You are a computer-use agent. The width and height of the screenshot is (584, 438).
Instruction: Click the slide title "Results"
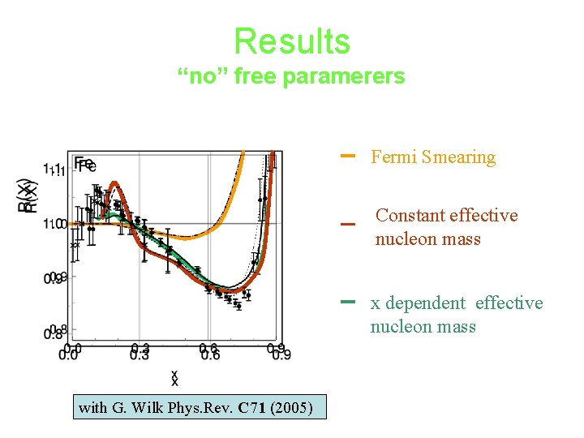pyautogui.click(x=291, y=41)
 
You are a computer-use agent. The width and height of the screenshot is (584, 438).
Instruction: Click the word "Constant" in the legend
pyautogui.click(x=408, y=216)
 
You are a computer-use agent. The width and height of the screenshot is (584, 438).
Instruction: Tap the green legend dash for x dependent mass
pyautogui.click(x=349, y=301)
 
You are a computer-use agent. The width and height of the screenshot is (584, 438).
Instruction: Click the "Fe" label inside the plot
pyautogui.click(x=84, y=165)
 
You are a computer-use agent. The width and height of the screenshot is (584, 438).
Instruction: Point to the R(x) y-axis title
pyautogui.click(x=26, y=195)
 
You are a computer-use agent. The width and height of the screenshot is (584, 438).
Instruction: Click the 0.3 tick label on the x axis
pyautogui.click(x=140, y=351)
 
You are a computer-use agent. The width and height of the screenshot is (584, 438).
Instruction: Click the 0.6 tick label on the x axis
pyautogui.click(x=209, y=351)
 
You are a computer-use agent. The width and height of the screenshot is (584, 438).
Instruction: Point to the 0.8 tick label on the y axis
pyautogui.click(x=55, y=333)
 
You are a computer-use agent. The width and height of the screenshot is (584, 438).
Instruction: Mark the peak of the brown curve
pyautogui.click(x=114, y=187)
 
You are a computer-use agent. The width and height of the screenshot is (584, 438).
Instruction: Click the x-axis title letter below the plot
pyautogui.click(x=174, y=377)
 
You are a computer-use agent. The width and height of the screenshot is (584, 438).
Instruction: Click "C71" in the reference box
pyautogui.click(x=250, y=407)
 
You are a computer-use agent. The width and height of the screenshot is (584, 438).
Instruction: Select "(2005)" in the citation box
pyautogui.click(x=292, y=407)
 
